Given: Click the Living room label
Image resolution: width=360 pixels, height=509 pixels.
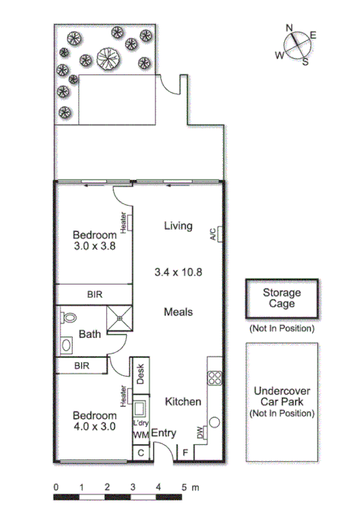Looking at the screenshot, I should click(x=177, y=226).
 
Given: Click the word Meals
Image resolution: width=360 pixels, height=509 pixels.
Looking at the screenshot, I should click(x=178, y=312).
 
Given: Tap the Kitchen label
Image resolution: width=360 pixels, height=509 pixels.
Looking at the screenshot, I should click(x=183, y=401).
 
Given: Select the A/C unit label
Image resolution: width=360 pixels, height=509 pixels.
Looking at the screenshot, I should click(x=213, y=234).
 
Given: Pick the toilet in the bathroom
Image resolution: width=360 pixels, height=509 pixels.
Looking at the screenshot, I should click(x=68, y=317).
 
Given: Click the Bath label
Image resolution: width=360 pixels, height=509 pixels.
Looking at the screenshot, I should click(x=90, y=335).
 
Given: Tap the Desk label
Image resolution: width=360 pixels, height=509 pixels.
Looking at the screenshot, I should click(x=141, y=374).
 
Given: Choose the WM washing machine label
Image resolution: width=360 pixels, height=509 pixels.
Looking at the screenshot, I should click(x=140, y=436).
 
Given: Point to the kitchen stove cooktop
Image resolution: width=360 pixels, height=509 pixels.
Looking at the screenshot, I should click(x=214, y=379).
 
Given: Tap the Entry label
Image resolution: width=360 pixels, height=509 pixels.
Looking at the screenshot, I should click(x=163, y=434).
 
